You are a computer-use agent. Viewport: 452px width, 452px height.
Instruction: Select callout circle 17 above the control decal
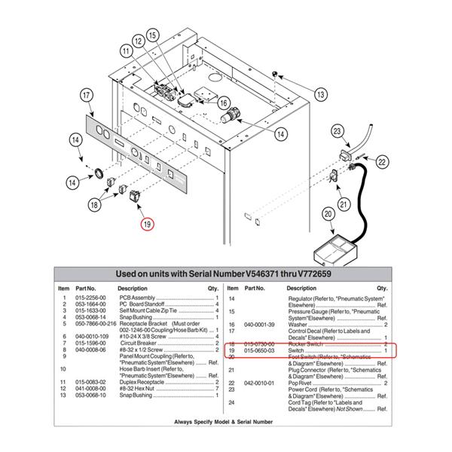[x=87, y=95]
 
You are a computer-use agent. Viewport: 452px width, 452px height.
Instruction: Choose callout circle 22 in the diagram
[x=383, y=160]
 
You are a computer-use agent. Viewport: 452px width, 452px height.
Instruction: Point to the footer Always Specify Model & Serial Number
[x=225, y=423]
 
